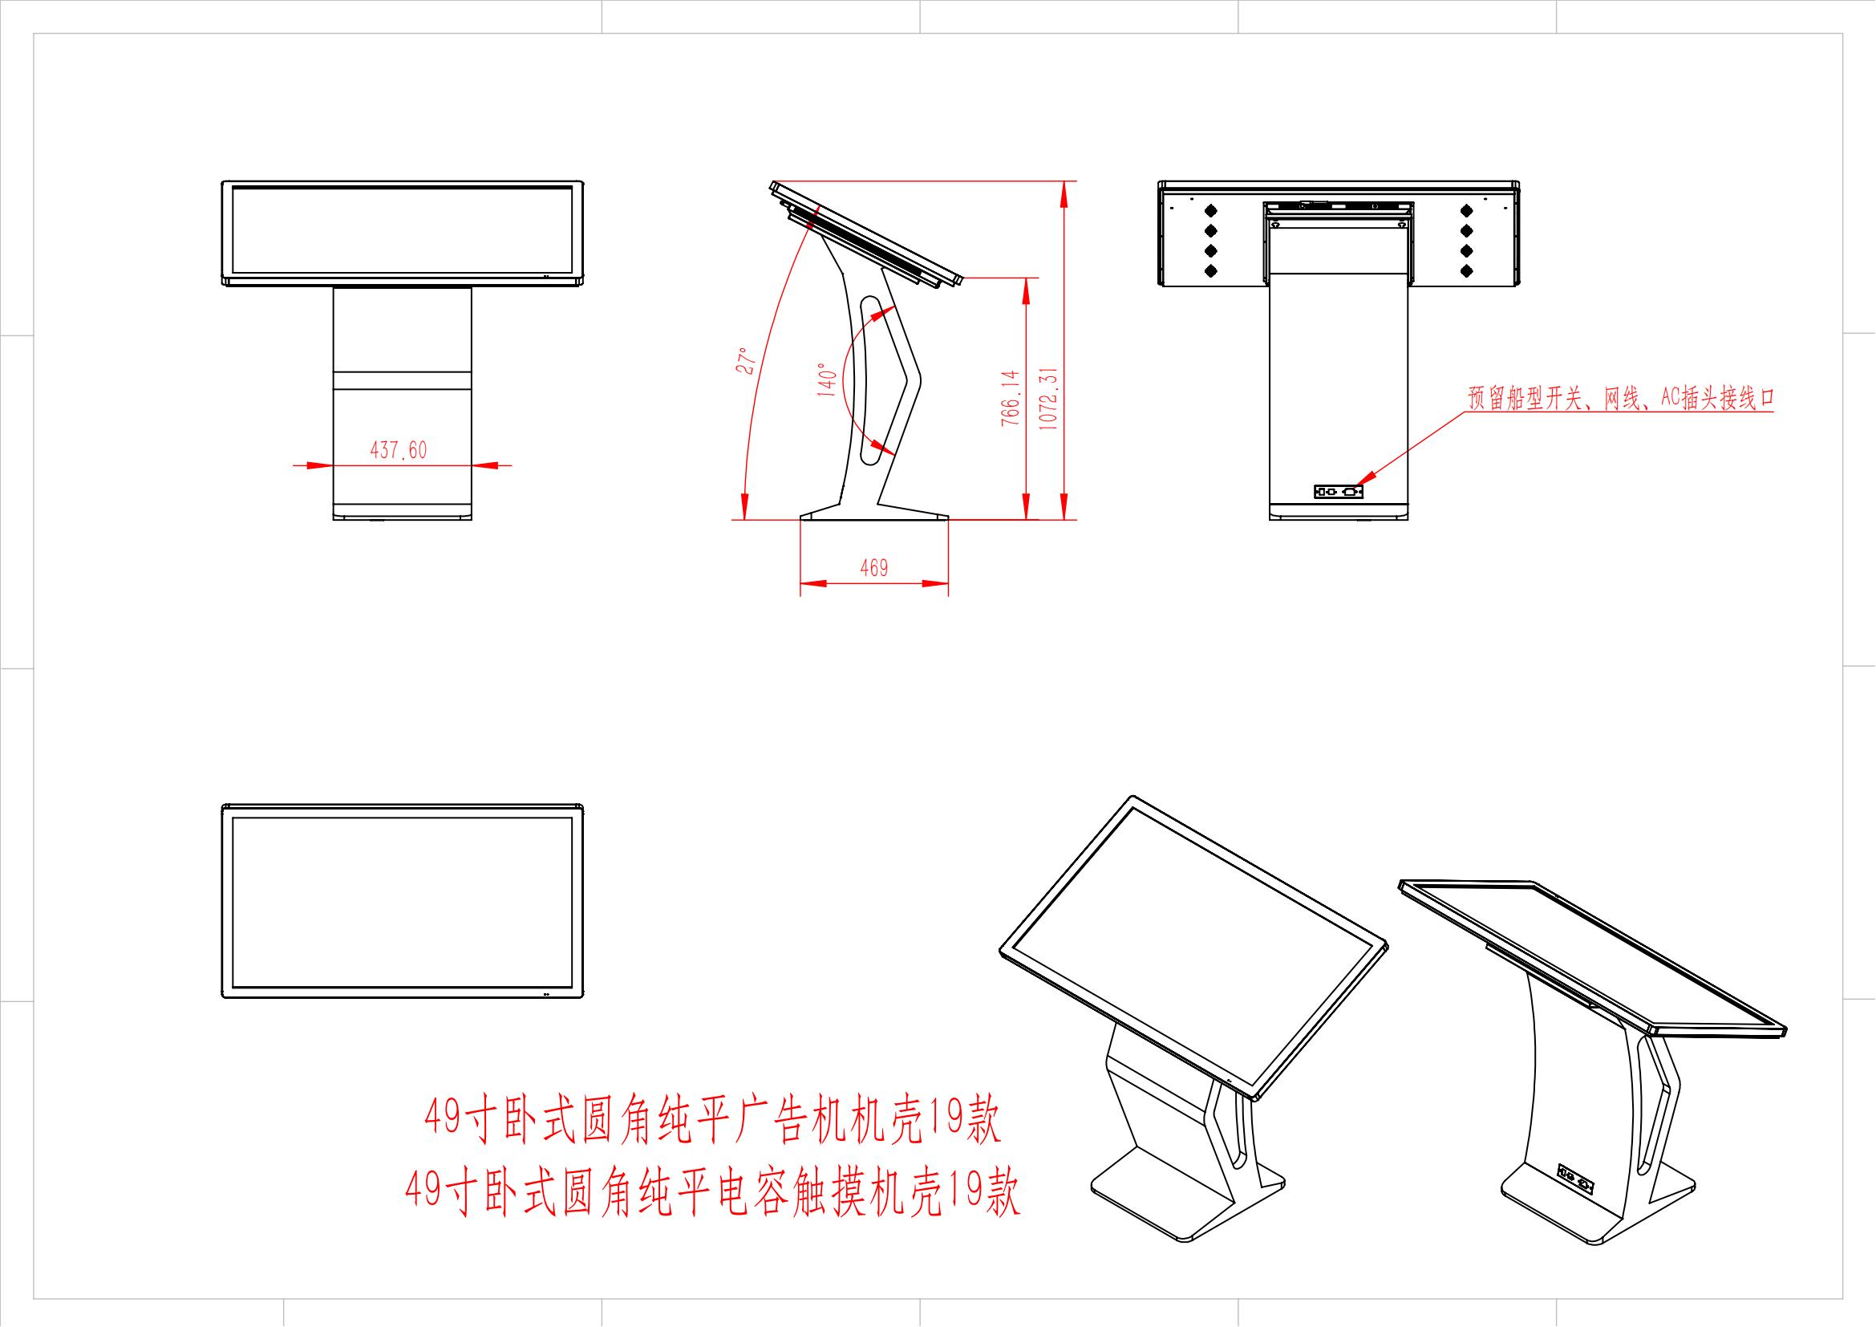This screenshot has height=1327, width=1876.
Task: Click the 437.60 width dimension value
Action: (x=399, y=449)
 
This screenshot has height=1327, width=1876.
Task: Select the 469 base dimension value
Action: (x=873, y=568)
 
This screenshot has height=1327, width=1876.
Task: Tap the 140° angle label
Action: (x=826, y=380)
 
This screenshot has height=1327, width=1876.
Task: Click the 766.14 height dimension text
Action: (x=1011, y=398)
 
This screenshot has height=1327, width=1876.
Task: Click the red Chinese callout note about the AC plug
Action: (x=1621, y=398)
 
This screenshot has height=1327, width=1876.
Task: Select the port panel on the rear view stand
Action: (x=1339, y=492)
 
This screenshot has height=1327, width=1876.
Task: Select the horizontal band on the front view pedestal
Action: (x=402, y=380)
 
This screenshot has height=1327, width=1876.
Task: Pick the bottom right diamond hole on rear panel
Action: (x=1466, y=270)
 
